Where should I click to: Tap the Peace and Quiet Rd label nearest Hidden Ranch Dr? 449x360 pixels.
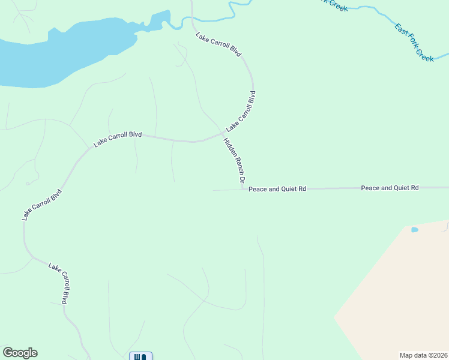(x=277, y=188)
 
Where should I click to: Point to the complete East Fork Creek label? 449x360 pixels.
(x=414, y=42)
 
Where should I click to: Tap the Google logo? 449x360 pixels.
(x=20, y=353)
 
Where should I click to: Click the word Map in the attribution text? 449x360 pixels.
(x=407, y=355)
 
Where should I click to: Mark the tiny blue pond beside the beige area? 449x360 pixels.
(x=414, y=230)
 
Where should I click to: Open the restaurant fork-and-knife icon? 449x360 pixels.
(x=140, y=356)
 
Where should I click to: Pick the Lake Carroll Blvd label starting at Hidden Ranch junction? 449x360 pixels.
(x=241, y=112)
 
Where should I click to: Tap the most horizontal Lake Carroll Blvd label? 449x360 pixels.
(x=118, y=139)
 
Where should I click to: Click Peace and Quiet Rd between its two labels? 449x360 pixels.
(x=333, y=188)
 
